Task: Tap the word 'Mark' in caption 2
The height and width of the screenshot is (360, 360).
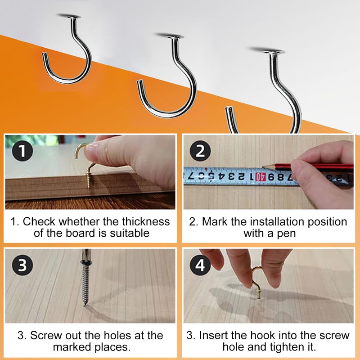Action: tap(214, 221)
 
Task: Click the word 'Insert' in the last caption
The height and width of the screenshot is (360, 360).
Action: tap(214, 335)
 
